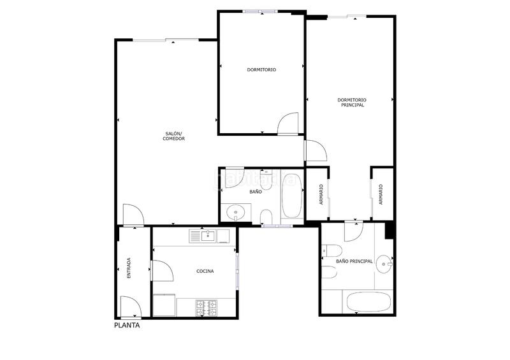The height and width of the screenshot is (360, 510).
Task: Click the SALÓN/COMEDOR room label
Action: (173, 136)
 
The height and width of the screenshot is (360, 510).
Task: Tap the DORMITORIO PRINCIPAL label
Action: (352, 102)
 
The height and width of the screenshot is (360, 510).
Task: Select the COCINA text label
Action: (205, 271)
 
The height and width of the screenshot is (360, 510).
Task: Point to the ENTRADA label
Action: (129, 268)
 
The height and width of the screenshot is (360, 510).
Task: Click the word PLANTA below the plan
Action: (127, 324)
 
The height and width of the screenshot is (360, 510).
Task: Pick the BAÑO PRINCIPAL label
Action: (354, 261)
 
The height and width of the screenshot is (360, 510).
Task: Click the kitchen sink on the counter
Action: (207, 236)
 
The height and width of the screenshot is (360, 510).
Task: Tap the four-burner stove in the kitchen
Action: (208, 308)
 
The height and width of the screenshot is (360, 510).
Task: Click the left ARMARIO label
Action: (321, 194)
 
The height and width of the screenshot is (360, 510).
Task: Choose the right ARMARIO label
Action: (381, 194)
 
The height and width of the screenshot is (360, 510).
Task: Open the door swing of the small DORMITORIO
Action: (289, 122)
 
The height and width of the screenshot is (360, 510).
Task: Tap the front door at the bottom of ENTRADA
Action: (130, 308)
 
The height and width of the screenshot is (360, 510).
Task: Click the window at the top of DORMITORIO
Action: (260, 11)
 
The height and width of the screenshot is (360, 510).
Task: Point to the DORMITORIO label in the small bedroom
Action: (261, 69)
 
